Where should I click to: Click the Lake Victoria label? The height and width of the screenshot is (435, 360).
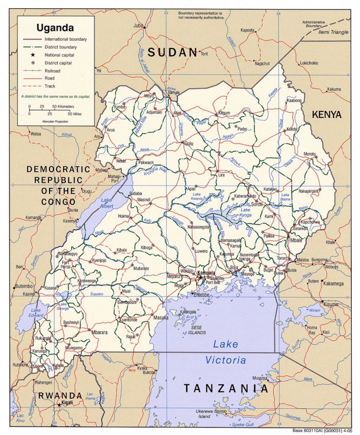tap(226, 352)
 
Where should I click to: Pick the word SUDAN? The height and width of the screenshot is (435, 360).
tap(173, 53)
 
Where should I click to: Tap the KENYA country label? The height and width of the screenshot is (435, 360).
tap(327, 115)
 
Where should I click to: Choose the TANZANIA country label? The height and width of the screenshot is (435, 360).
tap(225, 388)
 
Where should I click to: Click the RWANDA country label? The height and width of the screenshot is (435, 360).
tap(61, 395)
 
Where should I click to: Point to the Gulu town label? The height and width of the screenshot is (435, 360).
tap(188, 143)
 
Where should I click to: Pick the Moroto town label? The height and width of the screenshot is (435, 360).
tap(310, 154)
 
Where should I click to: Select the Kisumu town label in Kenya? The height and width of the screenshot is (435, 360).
tap(331, 304)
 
